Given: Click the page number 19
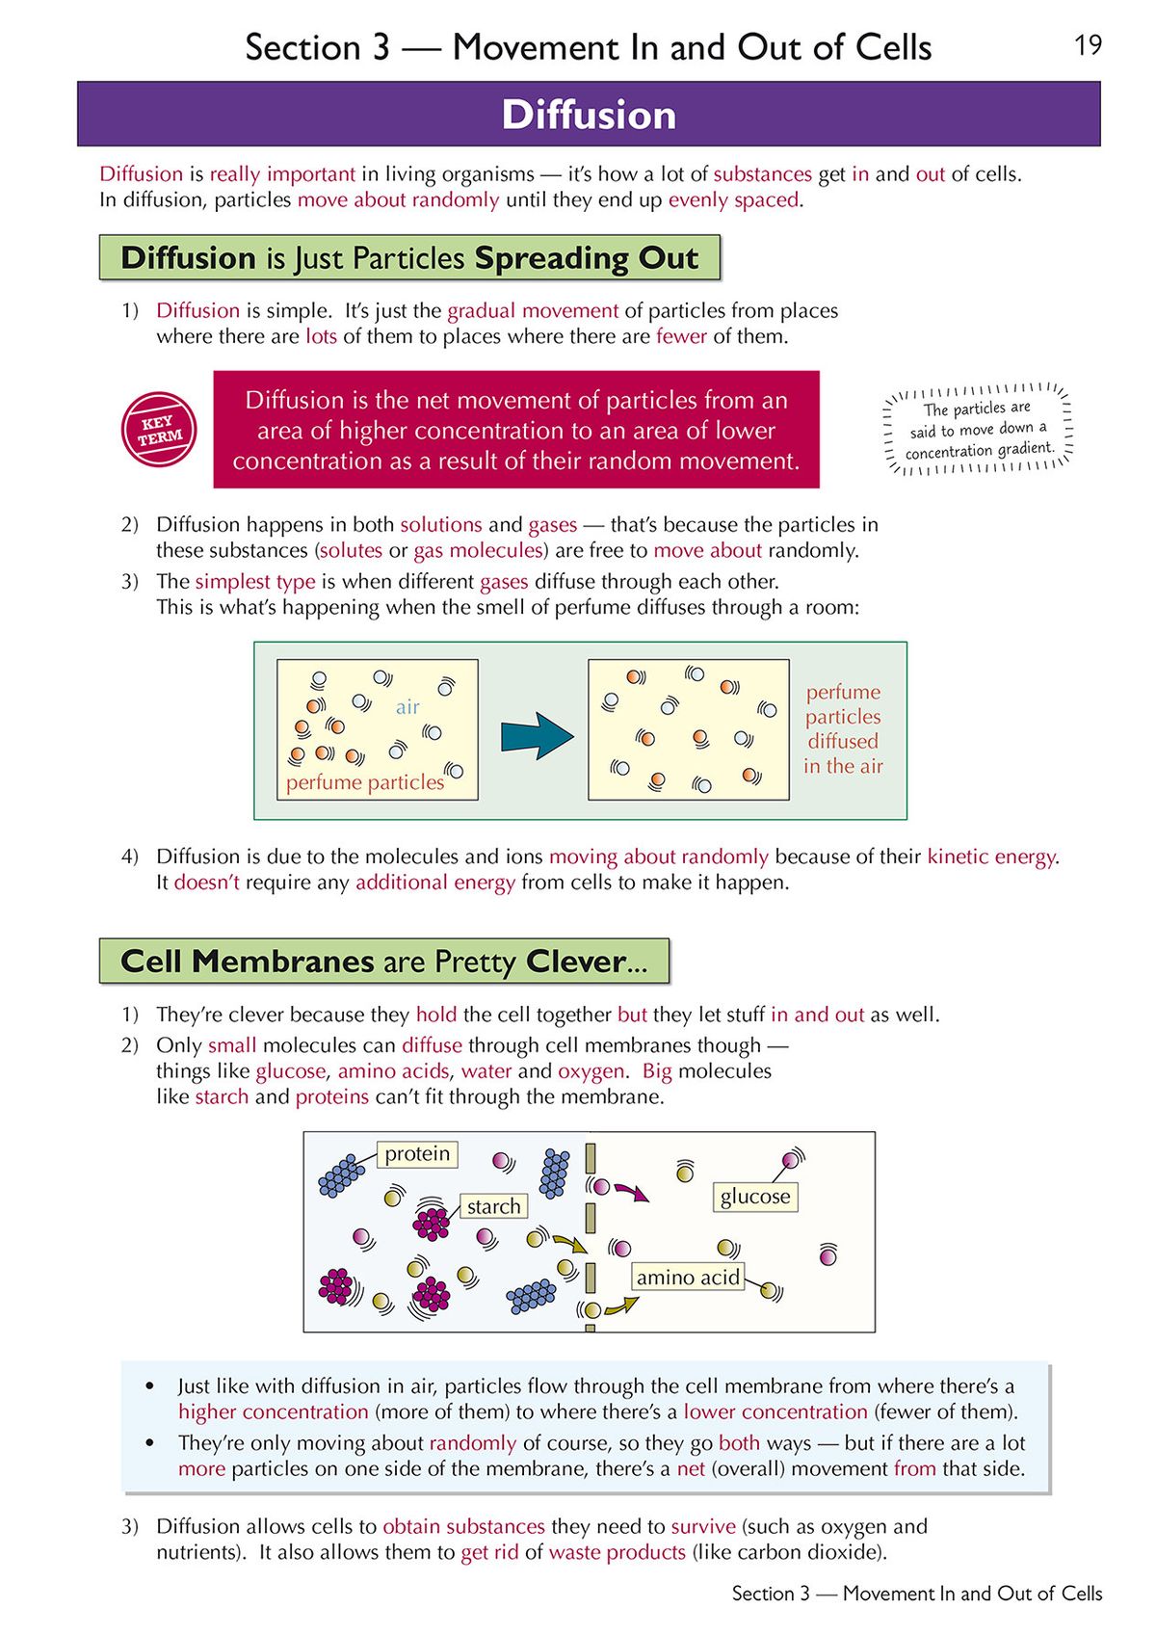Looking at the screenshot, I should (x=1088, y=45).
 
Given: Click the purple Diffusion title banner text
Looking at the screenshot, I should (x=589, y=115).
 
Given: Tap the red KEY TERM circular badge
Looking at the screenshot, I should (x=159, y=430).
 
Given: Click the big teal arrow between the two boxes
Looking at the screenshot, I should (x=536, y=737).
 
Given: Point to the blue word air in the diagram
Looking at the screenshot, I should (x=407, y=707).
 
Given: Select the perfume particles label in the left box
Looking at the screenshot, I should (x=365, y=782).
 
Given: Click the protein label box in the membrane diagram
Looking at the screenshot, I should (x=417, y=1154).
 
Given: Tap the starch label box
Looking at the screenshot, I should (x=493, y=1206).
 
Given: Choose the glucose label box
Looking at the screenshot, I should (x=755, y=1197).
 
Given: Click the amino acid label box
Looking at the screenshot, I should (x=688, y=1278).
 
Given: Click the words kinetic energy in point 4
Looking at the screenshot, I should (x=991, y=857).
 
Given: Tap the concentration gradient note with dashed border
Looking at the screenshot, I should (x=978, y=430).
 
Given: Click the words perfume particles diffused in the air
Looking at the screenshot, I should (x=843, y=729).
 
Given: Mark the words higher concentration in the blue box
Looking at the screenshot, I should (x=273, y=1411).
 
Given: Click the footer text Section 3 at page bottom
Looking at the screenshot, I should (x=770, y=1594).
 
